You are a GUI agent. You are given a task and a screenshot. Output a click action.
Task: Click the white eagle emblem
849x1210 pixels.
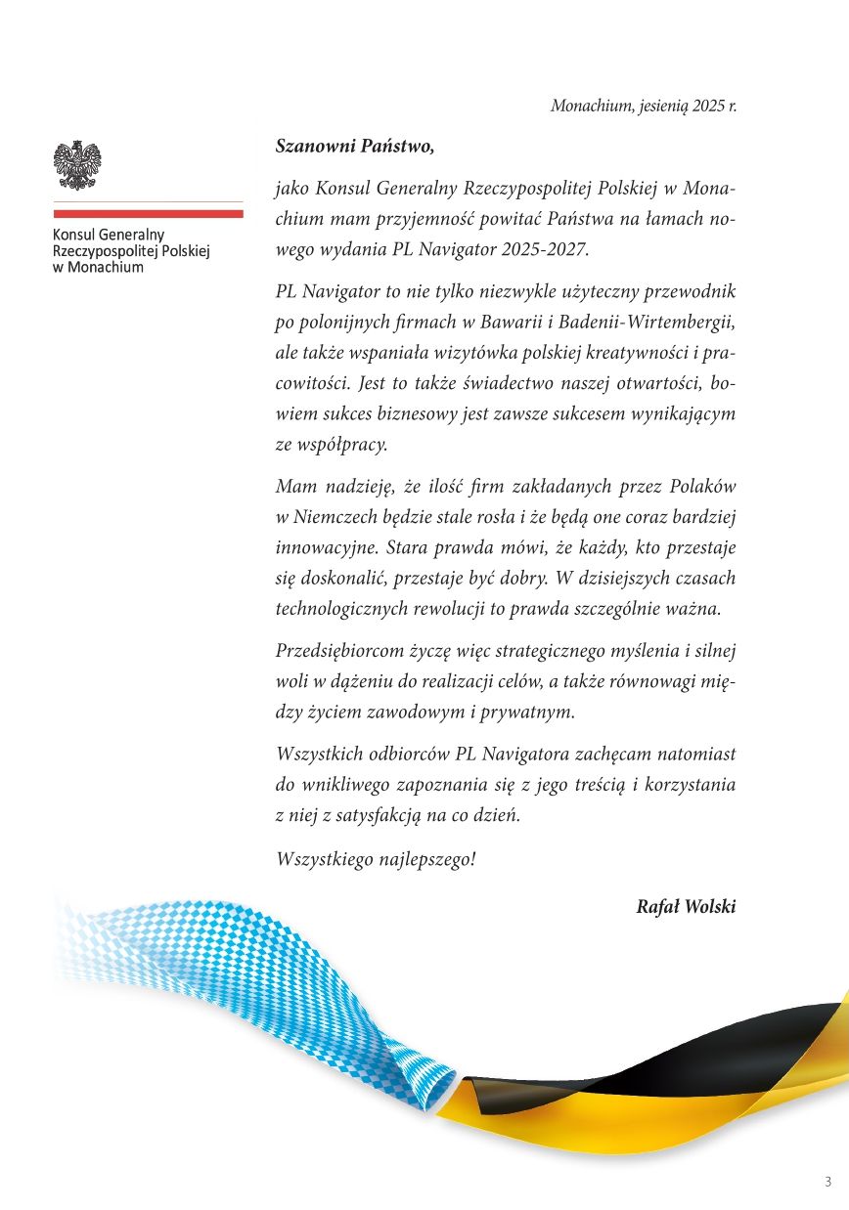[x=77, y=165]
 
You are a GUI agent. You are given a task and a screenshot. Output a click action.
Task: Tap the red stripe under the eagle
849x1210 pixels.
[x=148, y=213]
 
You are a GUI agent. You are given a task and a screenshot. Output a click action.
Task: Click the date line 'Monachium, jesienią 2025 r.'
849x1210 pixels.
[x=643, y=106]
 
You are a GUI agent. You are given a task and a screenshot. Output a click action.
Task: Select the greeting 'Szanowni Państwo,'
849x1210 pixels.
[x=354, y=147]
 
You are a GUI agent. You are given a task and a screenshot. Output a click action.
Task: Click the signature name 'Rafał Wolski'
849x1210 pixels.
[x=686, y=906]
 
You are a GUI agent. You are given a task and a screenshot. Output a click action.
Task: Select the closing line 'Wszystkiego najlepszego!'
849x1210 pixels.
[x=377, y=859]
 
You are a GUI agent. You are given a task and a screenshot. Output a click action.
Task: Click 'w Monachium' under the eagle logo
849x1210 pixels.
[x=98, y=267]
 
